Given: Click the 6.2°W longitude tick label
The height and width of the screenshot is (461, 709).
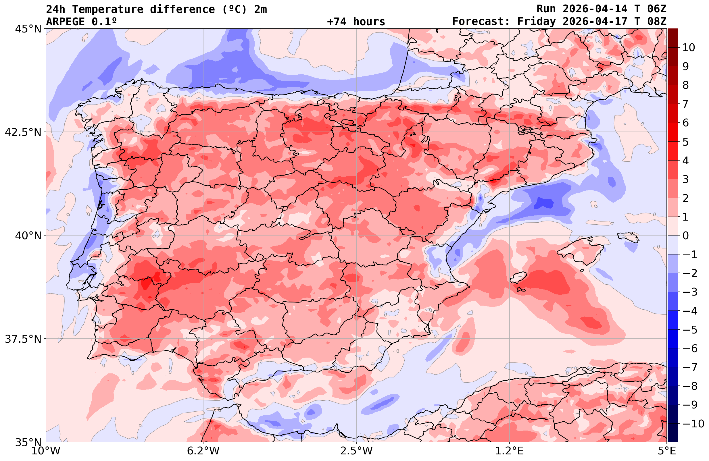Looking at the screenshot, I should click(203, 451).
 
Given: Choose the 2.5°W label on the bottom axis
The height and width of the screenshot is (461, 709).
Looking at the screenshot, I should click(356, 451).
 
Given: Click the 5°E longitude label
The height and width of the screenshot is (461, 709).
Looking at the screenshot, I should click(667, 451).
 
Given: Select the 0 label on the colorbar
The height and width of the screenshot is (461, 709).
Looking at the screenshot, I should click(685, 236).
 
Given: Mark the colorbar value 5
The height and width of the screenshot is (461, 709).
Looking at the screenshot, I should click(685, 142).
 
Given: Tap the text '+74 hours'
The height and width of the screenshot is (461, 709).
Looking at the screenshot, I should click(356, 22).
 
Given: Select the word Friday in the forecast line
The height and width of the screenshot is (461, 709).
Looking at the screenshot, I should click(536, 22).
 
